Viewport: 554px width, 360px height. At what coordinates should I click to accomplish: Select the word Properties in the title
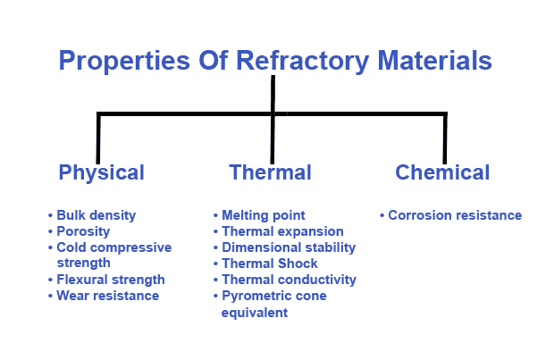[114, 62]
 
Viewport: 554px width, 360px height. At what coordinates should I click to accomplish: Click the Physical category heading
[101, 172]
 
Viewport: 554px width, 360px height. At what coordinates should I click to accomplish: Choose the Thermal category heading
[270, 172]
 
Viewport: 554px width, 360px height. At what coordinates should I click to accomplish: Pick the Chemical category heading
[442, 172]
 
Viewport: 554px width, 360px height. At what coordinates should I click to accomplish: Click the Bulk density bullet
[97, 215]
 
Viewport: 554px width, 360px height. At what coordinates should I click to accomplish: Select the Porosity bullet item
[83, 231]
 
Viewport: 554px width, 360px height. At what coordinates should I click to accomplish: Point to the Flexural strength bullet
[111, 280]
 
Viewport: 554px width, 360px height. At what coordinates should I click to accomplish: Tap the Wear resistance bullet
[107, 296]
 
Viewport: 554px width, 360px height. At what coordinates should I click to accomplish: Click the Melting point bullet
[263, 215]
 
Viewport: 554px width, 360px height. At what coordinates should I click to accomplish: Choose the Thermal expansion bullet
[282, 231]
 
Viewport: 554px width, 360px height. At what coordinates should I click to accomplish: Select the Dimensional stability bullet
[289, 247]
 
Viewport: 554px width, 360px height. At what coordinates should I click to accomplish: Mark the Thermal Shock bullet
[270, 264]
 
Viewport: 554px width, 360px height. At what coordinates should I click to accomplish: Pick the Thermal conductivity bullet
[289, 280]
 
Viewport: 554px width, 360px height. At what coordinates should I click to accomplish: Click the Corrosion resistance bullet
[455, 215]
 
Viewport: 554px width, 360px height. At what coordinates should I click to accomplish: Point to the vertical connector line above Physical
[98, 138]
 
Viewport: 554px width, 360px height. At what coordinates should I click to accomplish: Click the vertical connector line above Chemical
[444, 138]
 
